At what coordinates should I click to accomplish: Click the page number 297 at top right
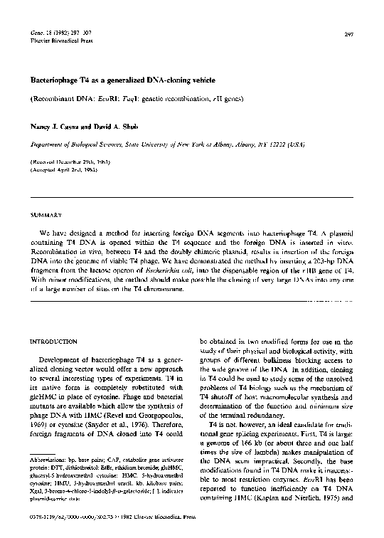(x=348, y=35)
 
